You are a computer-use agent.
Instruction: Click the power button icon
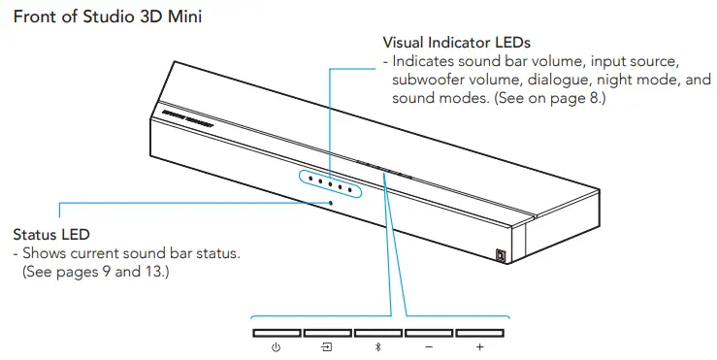[277, 347]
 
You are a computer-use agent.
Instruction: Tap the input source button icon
[327, 347]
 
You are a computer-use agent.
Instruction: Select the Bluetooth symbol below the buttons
[377, 347]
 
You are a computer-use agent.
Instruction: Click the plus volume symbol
[479, 347]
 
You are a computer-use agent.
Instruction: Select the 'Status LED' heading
[51, 235]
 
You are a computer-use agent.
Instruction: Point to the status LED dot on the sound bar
[331, 202]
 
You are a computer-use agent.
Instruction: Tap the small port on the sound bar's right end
[501, 256]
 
